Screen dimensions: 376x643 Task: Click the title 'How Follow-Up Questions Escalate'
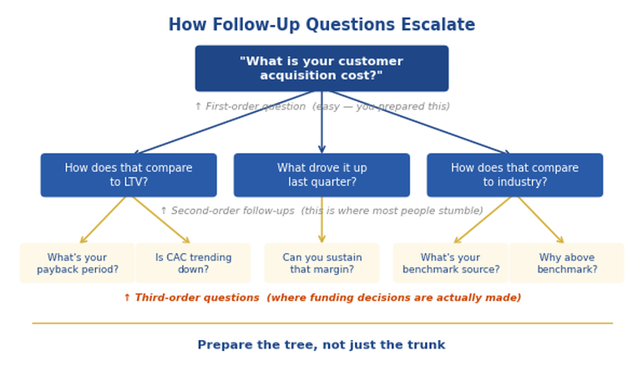click(x=321, y=25)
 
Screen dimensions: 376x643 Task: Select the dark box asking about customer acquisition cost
click(x=321, y=69)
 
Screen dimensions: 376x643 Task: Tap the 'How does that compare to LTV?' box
click(x=129, y=175)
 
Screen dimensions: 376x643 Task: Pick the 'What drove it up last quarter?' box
click(x=321, y=175)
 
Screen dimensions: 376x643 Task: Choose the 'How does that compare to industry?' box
click(x=514, y=175)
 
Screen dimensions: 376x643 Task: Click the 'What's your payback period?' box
click(x=77, y=264)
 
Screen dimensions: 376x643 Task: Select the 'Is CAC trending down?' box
click(x=193, y=264)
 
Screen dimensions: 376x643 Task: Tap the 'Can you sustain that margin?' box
click(x=321, y=264)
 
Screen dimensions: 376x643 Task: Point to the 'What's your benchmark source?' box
click(x=450, y=264)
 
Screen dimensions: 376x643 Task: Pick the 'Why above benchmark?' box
click(x=566, y=264)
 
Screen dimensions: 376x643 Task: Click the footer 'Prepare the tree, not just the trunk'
click(x=321, y=345)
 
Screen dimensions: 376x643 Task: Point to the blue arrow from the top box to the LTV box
click(x=225, y=122)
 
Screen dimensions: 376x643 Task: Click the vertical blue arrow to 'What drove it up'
click(x=321, y=125)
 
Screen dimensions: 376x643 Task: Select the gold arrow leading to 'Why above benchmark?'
click(x=540, y=220)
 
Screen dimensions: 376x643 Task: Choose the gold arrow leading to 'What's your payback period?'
click(x=104, y=220)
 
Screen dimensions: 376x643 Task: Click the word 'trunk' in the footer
click(x=426, y=345)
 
